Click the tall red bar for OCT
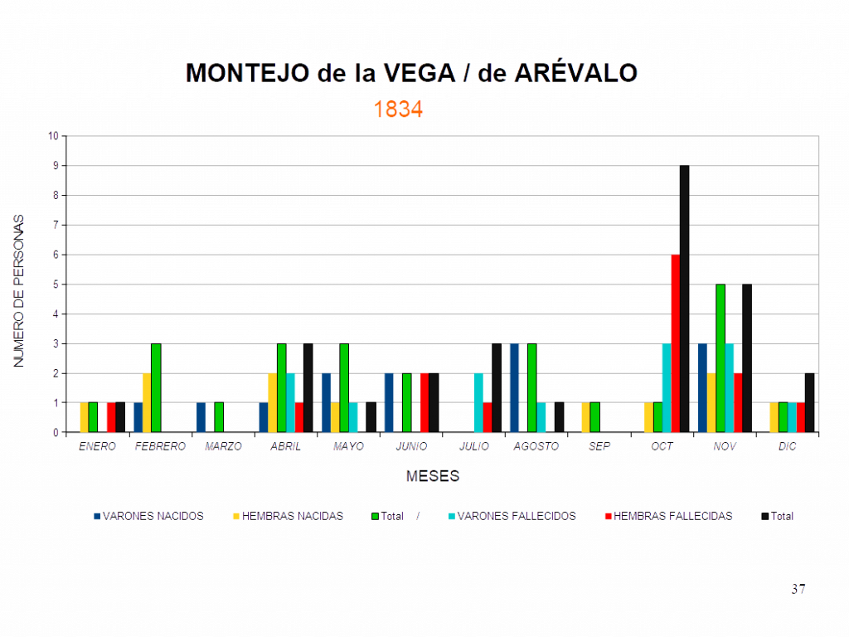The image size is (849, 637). pyautogui.click(x=675, y=343)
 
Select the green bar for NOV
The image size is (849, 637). pyautogui.click(x=720, y=357)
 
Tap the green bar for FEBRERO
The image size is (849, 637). pyautogui.click(x=156, y=387)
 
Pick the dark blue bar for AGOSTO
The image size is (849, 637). pyautogui.click(x=514, y=387)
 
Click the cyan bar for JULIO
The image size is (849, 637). pyautogui.click(x=478, y=402)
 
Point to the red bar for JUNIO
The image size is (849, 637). pyautogui.click(x=424, y=402)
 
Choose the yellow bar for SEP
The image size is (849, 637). pyautogui.click(x=585, y=417)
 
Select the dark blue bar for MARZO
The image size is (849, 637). pyautogui.click(x=201, y=417)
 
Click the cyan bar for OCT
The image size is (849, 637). pyautogui.click(x=666, y=387)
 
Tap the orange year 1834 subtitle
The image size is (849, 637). pyautogui.click(x=398, y=109)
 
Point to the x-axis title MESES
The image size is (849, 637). pyautogui.click(x=433, y=476)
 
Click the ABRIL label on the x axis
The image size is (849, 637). pyautogui.click(x=285, y=446)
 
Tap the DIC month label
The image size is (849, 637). pyautogui.click(x=788, y=446)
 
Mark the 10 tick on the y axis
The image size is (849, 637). pyautogui.click(x=55, y=136)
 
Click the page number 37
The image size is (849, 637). pyautogui.click(x=798, y=589)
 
